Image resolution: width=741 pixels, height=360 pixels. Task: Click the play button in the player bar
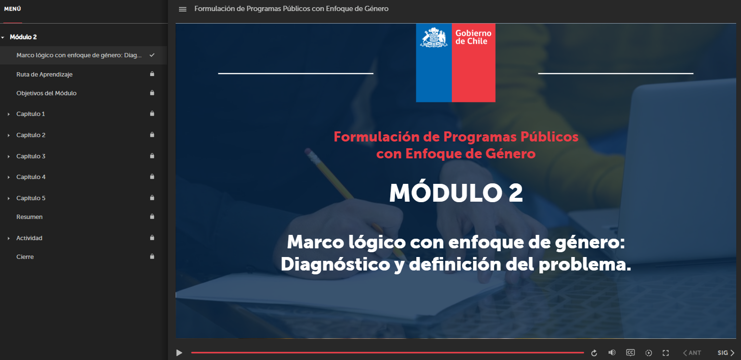pyautogui.click(x=179, y=353)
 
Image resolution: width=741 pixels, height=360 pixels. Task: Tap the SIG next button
pyautogui.click(x=726, y=353)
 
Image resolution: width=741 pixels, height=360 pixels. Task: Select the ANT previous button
pyautogui.click(x=692, y=353)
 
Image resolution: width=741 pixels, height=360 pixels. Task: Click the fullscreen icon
pyautogui.click(x=666, y=353)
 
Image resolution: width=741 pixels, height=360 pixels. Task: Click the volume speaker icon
pyautogui.click(x=612, y=352)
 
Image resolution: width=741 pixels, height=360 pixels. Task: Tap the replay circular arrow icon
pyautogui.click(x=594, y=353)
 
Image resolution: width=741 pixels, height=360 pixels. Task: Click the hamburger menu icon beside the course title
pyautogui.click(x=182, y=9)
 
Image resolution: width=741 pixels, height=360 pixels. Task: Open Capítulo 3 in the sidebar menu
pyautogui.click(x=31, y=156)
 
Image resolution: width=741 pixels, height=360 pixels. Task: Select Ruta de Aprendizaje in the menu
pyautogui.click(x=44, y=75)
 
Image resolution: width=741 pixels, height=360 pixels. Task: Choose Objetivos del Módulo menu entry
pyautogui.click(x=46, y=93)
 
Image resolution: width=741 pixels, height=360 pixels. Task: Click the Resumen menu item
pyautogui.click(x=29, y=217)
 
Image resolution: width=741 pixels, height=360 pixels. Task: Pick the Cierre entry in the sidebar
pyautogui.click(x=25, y=257)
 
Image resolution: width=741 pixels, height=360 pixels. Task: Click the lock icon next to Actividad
pyautogui.click(x=152, y=238)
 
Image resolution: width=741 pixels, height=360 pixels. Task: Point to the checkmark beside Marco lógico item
pyautogui.click(x=152, y=55)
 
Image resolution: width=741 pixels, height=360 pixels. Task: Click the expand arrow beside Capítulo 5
pyautogui.click(x=9, y=198)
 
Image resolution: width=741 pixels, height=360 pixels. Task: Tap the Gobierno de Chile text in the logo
pyautogui.click(x=473, y=37)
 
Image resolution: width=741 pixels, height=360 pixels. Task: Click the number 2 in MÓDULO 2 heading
pyautogui.click(x=515, y=193)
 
